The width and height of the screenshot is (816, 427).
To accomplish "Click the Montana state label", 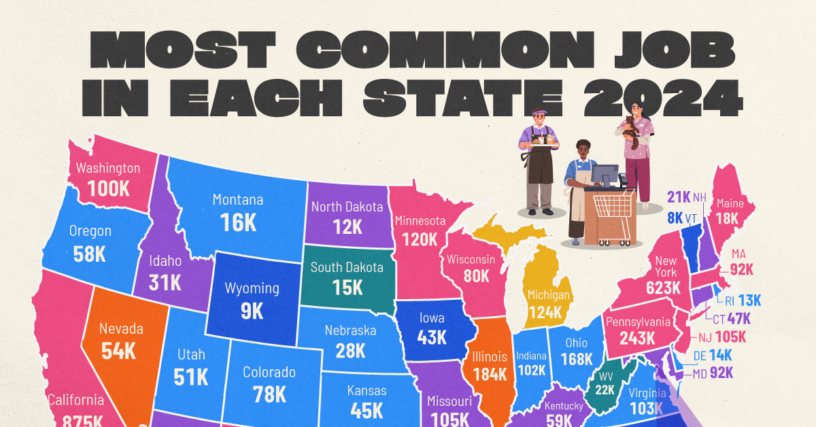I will [x=237, y=200].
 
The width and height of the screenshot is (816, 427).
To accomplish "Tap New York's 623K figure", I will [x=663, y=287].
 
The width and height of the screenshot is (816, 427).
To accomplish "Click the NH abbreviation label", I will [x=699, y=198].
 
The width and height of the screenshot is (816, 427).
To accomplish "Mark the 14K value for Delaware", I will [x=719, y=354].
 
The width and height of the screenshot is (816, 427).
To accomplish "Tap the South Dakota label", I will [x=347, y=267].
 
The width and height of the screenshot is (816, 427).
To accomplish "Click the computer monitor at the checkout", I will [x=604, y=174].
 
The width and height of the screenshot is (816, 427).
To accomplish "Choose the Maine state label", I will [x=730, y=203].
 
